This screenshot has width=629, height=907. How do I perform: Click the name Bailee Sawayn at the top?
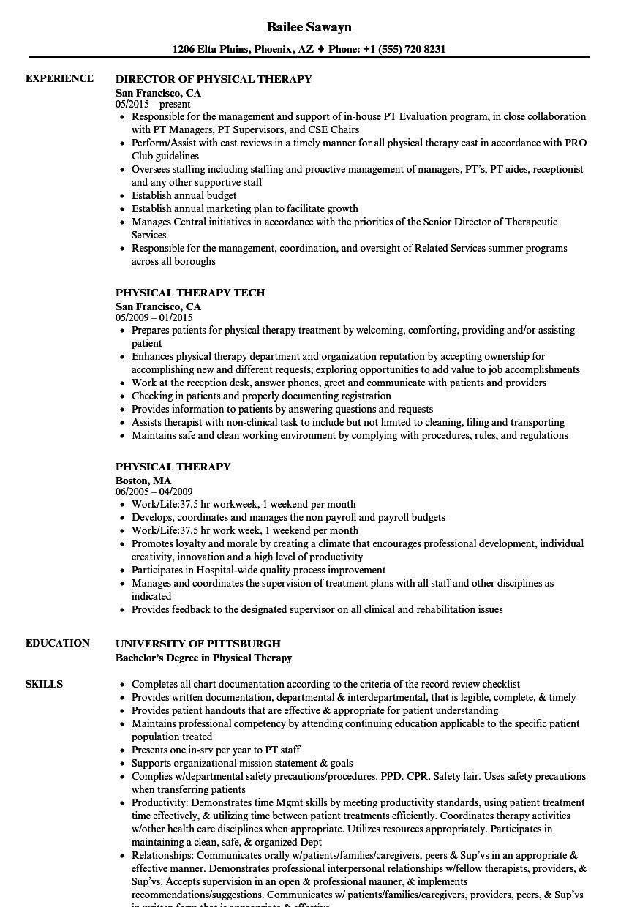(308, 27)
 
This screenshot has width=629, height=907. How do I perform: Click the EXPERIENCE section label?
(59, 78)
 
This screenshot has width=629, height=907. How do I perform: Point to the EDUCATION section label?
(58, 643)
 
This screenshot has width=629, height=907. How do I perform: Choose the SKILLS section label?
(44, 684)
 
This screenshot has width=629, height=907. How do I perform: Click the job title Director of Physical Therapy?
(214, 79)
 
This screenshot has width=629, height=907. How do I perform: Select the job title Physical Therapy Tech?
(190, 293)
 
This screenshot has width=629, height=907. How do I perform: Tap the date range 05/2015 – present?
(153, 105)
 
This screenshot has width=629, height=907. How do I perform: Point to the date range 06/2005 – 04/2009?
(154, 492)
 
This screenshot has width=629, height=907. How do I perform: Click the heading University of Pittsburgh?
(197, 644)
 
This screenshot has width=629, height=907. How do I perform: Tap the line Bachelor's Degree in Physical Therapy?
(203, 658)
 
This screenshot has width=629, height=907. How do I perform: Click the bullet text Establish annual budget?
(184, 195)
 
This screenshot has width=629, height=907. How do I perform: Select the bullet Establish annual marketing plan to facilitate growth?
(244, 208)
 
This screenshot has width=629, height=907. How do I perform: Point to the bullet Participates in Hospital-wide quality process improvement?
(258, 570)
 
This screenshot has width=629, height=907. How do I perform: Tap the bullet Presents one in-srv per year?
(216, 750)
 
